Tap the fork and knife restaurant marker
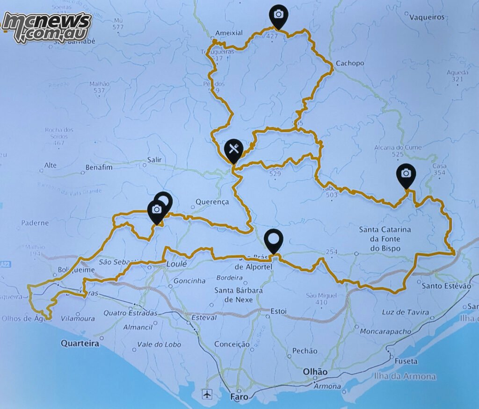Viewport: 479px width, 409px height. pos(233,149)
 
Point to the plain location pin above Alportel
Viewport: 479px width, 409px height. pos(274,239)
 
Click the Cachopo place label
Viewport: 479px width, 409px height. pos(349,63)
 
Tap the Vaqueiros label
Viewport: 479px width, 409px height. pos(427,17)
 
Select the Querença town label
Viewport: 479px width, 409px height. pos(212,202)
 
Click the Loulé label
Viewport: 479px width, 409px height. pos(177,264)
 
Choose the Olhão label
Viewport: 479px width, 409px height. pos(315,372)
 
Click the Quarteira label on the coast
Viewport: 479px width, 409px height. pos(80,344)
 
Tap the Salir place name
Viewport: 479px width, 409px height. pos(154,160)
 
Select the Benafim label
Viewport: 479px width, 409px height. pos(99,167)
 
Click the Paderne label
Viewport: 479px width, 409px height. pos(35,223)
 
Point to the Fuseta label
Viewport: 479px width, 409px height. pos(406,361)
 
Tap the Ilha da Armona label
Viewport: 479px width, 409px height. pos(405,376)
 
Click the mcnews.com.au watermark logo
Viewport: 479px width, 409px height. pos(46,27)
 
